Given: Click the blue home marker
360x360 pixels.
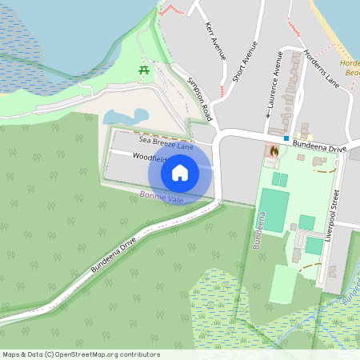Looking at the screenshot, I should pos(180,172).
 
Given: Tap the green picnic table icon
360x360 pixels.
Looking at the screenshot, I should pos(145,70).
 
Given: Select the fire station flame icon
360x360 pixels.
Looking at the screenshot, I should pos(274,150).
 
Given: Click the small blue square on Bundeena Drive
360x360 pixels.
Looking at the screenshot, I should pos(286,138).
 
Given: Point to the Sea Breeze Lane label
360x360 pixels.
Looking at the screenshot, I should pos(166,142).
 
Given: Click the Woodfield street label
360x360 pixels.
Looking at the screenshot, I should pos(143,158).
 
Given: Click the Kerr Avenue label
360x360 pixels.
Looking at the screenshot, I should pos(216,41).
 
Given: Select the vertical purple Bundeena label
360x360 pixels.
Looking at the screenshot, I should pos(258,231).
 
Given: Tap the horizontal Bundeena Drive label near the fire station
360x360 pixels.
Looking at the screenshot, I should pos(318,149).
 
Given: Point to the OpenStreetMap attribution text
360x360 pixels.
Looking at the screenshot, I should pos(81,354).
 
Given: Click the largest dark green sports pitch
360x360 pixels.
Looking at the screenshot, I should pos(274,210).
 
